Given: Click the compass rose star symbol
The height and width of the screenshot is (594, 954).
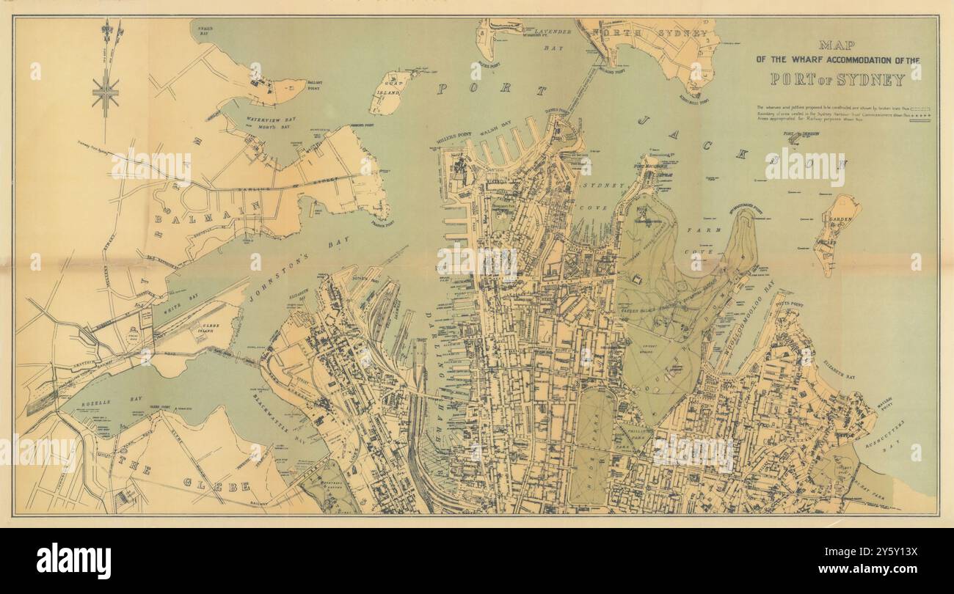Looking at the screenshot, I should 106,94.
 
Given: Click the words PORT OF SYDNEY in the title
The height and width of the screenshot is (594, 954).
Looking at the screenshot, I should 837,80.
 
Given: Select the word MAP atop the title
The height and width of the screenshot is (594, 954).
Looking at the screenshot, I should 838,45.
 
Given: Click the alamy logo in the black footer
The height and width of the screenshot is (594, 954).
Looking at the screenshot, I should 74,561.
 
